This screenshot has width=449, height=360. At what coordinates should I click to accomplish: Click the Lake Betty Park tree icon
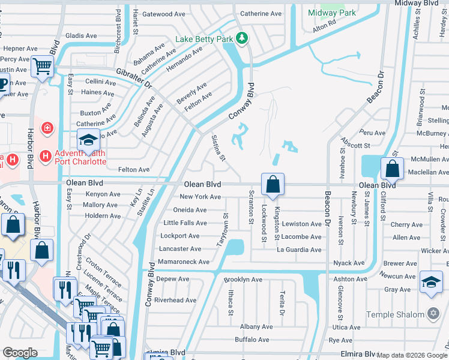tap(241, 39)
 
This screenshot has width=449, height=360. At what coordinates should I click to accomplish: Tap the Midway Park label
tap(331, 13)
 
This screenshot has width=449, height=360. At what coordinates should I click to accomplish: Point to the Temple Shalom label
tap(397, 314)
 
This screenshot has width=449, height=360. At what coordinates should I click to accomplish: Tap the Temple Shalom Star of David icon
tap(434, 314)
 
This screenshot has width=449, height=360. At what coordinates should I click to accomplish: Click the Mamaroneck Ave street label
tap(184, 262)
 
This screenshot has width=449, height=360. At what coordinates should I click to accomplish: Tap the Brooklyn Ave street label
tap(243, 280)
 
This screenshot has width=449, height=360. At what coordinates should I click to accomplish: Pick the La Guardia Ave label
tap(298, 250)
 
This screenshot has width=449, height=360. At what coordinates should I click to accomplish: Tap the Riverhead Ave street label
tap(175, 300)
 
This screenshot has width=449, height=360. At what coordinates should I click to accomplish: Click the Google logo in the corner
tap(20, 353)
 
